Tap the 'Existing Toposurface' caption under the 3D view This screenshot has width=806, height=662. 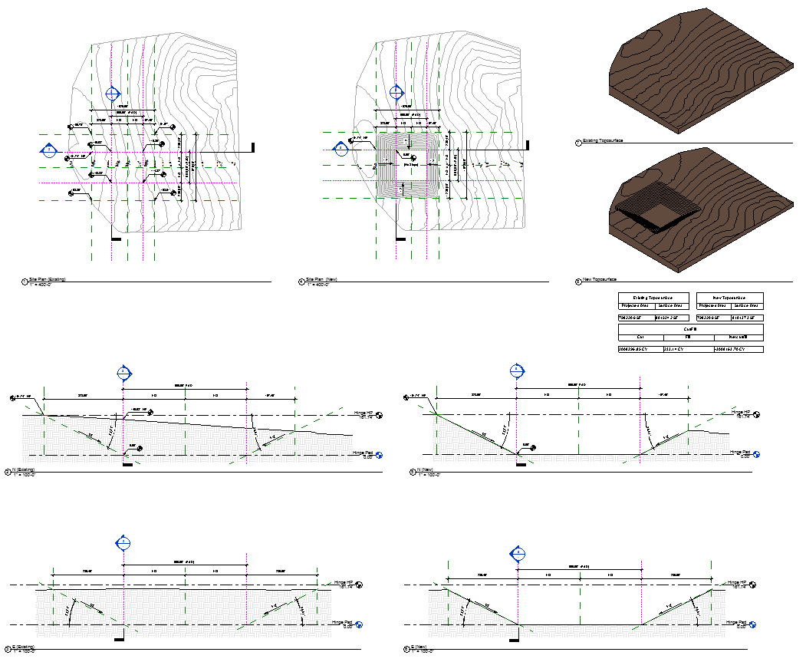pyautogui.click(x=604, y=141)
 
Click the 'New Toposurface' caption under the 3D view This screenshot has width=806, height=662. pyautogui.click(x=600, y=280)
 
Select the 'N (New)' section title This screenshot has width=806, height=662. pyautogui.click(x=426, y=470)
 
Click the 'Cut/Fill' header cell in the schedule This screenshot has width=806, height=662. pyautogui.click(x=690, y=328)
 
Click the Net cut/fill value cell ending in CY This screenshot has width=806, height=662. pyautogui.click(x=738, y=350)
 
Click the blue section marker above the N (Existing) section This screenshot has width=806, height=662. pyautogui.click(x=123, y=374)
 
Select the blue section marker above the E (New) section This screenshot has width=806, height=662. pyautogui.click(x=518, y=553)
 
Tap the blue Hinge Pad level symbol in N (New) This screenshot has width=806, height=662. pyautogui.click(x=756, y=454)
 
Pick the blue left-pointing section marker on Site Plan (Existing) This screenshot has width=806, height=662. pyautogui.click(x=49, y=148)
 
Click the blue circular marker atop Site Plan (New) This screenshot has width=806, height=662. pyautogui.click(x=396, y=93)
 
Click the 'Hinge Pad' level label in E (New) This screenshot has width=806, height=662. pyautogui.click(x=737, y=624)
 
